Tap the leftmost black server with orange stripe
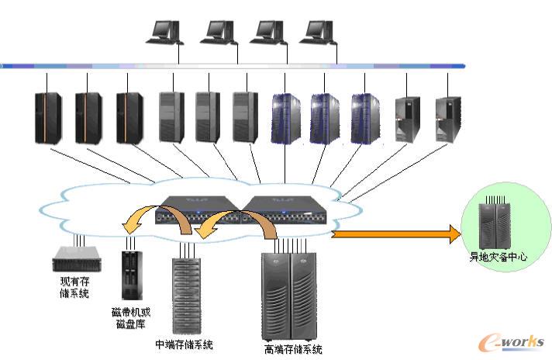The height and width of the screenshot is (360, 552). [x=48, y=117]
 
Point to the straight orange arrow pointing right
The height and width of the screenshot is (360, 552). [x=395, y=233]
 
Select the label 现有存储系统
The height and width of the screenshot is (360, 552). [x=74, y=286]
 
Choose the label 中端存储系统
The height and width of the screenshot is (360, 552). [x=184, y=344]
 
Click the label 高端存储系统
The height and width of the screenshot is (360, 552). [x=292, y=348]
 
